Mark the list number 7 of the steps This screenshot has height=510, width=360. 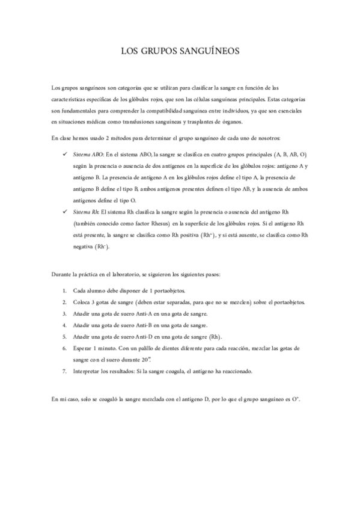click(65, 371)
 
